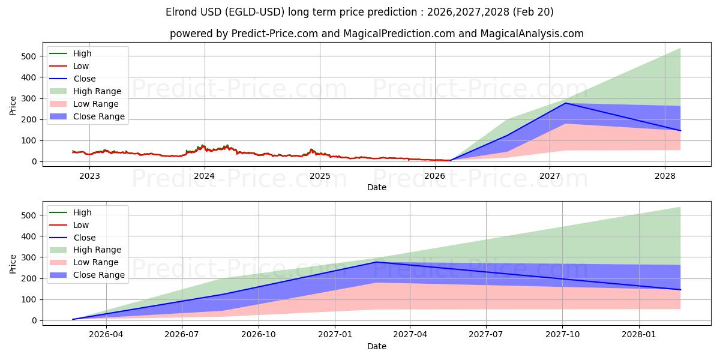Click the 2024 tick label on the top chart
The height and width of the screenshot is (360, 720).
pyautogui.click(x=205, y=176)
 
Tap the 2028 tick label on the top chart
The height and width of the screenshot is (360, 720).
pyautogui.click(x=665, y=176)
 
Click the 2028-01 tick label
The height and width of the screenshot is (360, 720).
pyautogui.click(x=640, y=335)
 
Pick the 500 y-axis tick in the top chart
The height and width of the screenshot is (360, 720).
pyautogui.click(x=29, y=56)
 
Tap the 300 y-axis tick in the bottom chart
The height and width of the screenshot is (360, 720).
pyautogui.click(x=29, y=257)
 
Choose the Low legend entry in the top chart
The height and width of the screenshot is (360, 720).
pyautogui.click(x=81, y=66)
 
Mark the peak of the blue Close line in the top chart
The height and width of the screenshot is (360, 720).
pyautogui.click(x=565, y=103)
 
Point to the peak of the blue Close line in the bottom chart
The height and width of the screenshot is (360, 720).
pyautogui.click(x=376, y=262)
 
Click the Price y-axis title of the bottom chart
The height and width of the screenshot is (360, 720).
pyautogui.click(x=13, y=263)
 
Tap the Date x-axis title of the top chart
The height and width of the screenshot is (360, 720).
pyautogui.click(x=377, y=187)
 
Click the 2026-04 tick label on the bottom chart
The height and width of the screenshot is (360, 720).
pyautogui.click(x=106, y=335)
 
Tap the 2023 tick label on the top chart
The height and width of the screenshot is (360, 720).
pyautogui.click(x=89, y=176)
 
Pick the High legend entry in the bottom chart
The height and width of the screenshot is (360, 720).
pyautogui.click(x=82, y=212)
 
